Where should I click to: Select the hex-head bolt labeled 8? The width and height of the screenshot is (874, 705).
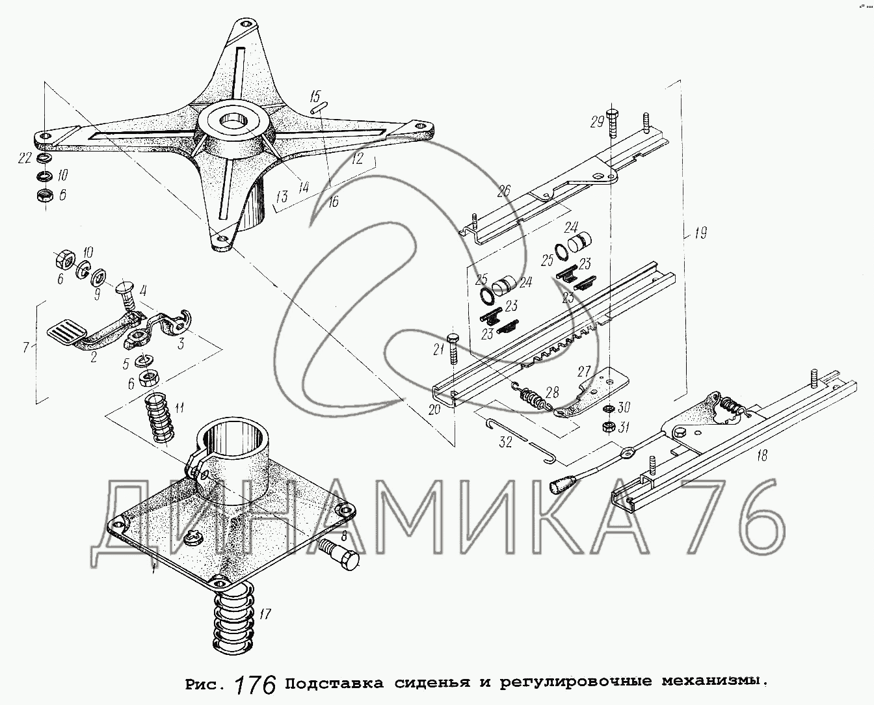[339, 554]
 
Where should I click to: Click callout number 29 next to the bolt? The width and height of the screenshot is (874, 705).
[597, 122]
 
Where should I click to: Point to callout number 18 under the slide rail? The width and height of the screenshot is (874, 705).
[762, 455]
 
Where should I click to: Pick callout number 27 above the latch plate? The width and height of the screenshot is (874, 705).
[584, 371]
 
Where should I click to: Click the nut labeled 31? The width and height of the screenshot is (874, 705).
[609, 427]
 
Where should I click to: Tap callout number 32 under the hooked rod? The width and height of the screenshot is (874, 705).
[505, 442]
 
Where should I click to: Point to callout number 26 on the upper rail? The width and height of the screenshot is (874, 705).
[503, 191]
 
